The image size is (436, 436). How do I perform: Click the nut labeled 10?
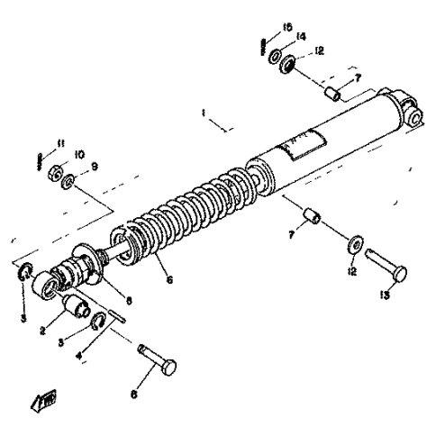click(53, 170)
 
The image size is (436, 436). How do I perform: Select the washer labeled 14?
click(274, 57)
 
